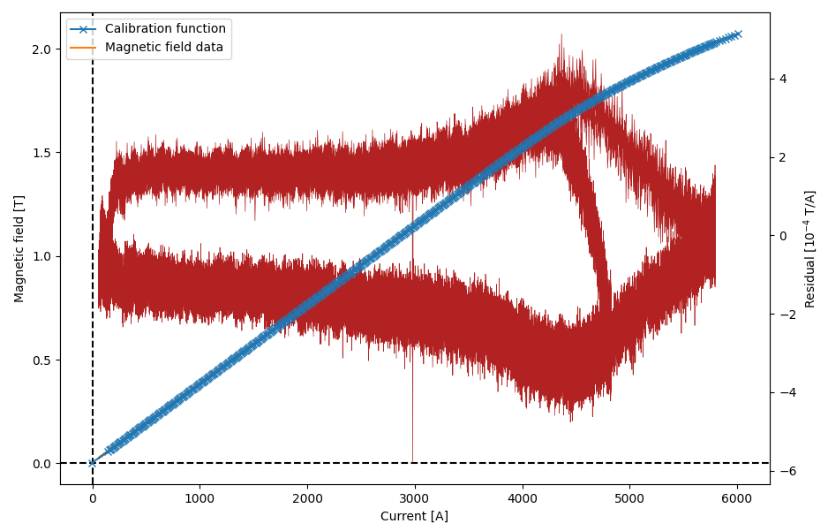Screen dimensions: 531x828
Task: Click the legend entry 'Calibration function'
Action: coord(165,29)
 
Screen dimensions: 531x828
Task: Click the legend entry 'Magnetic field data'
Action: coord(163,47)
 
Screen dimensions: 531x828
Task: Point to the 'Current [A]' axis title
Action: coord(414,516)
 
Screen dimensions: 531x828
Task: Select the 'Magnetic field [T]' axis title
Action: coord(19,248)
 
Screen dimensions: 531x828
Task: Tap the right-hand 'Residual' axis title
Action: coord(809,248)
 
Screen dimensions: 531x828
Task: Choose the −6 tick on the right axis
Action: coord(781,471)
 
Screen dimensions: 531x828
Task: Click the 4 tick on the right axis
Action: coord(782,79)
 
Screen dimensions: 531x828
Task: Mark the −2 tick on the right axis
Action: coord(781,314)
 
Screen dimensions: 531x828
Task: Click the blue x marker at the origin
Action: coord(93,463)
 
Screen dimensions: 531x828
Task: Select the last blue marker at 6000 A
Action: coord(737,34)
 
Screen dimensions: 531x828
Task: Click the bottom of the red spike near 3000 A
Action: coord(412,459)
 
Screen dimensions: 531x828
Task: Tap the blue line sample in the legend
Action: coord(85,29)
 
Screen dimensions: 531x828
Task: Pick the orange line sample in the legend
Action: coord(85,47)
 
